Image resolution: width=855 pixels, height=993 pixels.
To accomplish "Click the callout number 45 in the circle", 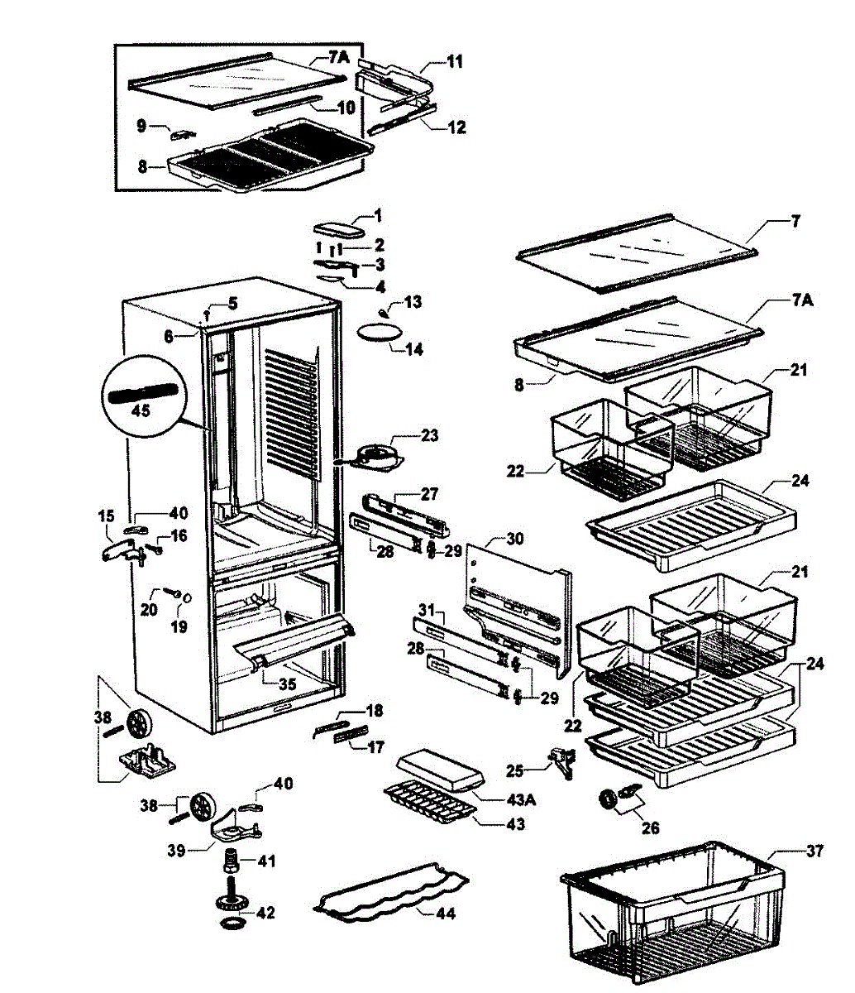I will click(x=141, y=410).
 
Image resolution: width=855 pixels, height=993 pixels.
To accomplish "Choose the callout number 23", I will click(x=430, y=435).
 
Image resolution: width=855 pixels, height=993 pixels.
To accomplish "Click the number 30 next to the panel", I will click(x=514, y=539).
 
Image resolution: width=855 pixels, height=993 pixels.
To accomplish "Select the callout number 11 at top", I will click(x=455, y=61).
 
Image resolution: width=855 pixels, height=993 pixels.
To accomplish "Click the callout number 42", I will click(x=265, y=913).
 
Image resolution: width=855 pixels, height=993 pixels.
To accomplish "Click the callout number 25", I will click(x=515, y=770).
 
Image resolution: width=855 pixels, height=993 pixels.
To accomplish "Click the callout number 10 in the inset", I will click(x=346, y=108).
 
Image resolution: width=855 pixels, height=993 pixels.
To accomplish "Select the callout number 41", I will click(x=265, y=861).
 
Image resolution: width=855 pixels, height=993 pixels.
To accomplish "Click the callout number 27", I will click(x=429, y=494).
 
